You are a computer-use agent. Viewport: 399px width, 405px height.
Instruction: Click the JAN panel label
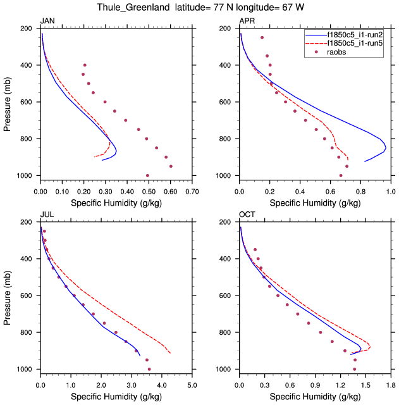pyautogui.click(x=47, y=22)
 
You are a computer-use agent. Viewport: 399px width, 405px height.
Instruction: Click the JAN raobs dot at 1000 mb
pyautogui.click(x=147, y=175)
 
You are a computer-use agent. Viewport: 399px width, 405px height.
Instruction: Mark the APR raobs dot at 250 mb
pyautogui.click(x=262, y=38)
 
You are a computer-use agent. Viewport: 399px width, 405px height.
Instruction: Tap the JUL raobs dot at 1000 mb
pyautogui.click(x=149, y=369)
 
